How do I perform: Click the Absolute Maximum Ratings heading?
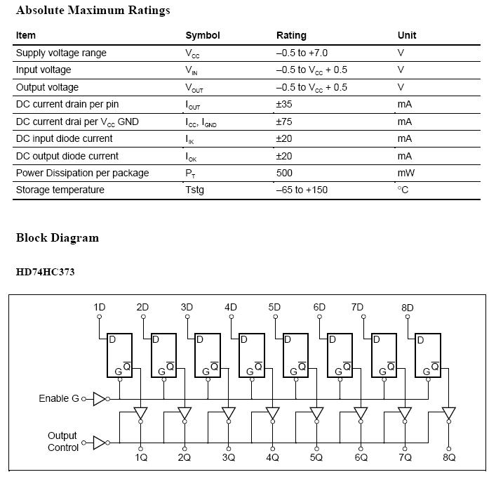pyautogui.click(x=93, y=11)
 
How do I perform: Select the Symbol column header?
pyautogui.click(x=202, y=36)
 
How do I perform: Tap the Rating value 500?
pyautogui.click(x=285, y=173)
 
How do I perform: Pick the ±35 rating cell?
pyautogui.click(x=284, y=104)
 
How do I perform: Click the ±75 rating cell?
pyautogui.click(x=284, y=122)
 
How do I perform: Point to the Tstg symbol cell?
pyautogui.click(x=194, y=190)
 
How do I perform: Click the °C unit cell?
pyautogui.click(x=403, y=190)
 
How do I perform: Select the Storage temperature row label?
pyautogui.click(x=60, y=190)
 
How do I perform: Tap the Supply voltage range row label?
pyautogui.click(x=61, y=53)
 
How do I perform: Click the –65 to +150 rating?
pyautogui.click(x=302, y=190)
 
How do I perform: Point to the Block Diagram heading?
pyautogui.click(x=58, y=237)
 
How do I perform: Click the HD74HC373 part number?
pyautogui.click(x=45, y=272)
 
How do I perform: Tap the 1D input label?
pyautogui.click(x=100, y=307)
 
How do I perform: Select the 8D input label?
pyautogui.click(x=408, y=308)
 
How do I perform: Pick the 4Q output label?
pyautogui.click(x=273, y=457)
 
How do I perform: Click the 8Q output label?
pyautogui.click(x=449, y=457)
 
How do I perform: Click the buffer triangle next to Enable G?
pyautogui.click(x=100, y=399)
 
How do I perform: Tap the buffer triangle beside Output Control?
pyautogui.click(x=100, y=443)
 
